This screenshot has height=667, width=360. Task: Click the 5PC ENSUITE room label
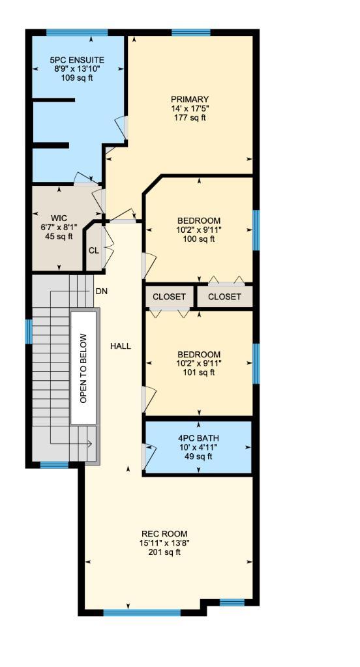[x=77, y=60]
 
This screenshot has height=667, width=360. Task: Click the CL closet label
[x=94, y=250]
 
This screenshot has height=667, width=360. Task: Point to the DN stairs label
[x=101, y=291]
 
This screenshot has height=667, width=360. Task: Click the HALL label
[x=120, y=346]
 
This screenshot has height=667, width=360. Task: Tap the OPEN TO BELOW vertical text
[x=83, y=368]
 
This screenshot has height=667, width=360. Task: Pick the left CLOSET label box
[x=169, y=297]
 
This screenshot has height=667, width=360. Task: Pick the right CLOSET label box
[x=224, y=297]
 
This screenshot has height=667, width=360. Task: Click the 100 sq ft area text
[x=199, y=239]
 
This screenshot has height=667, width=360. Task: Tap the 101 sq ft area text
[x=199, y=373]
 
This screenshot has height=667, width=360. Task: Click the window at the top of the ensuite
[x=77, y=32]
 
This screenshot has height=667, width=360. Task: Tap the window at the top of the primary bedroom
[x=190, y=32]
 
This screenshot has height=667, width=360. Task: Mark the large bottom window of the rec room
[x=142, y=612]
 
